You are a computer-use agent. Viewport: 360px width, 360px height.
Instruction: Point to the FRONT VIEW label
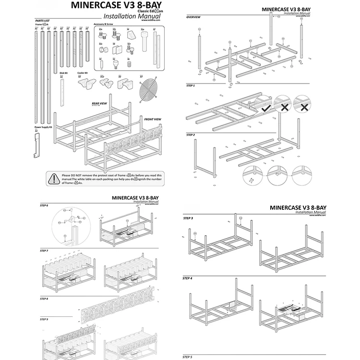point(153,119)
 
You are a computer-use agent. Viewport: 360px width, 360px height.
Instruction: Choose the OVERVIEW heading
point(193,17)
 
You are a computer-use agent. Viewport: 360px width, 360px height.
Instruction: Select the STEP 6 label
point(44,205)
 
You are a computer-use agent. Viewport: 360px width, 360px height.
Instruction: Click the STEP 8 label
point(44,299)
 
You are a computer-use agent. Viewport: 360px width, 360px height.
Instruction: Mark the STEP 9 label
point(44,319)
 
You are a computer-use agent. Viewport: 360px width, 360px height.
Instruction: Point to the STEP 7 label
point(44,251)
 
